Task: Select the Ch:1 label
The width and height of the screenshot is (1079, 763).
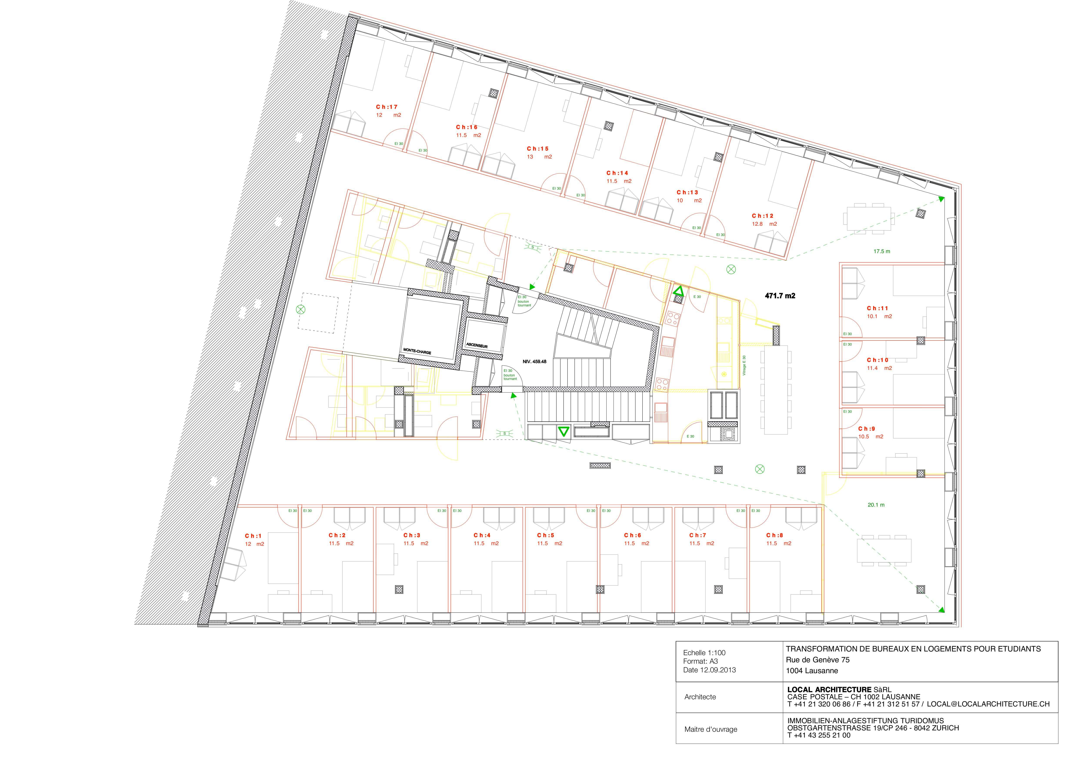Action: click(x=253, y=536)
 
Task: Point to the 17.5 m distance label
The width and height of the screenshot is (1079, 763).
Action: click(x=882, y=252)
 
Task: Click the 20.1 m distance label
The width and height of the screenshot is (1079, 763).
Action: click(x=876, y=505)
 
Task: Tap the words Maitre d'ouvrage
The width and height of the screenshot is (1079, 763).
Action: click(x=710, y=730)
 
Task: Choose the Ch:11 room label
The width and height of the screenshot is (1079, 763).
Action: click(x=877, y=308)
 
